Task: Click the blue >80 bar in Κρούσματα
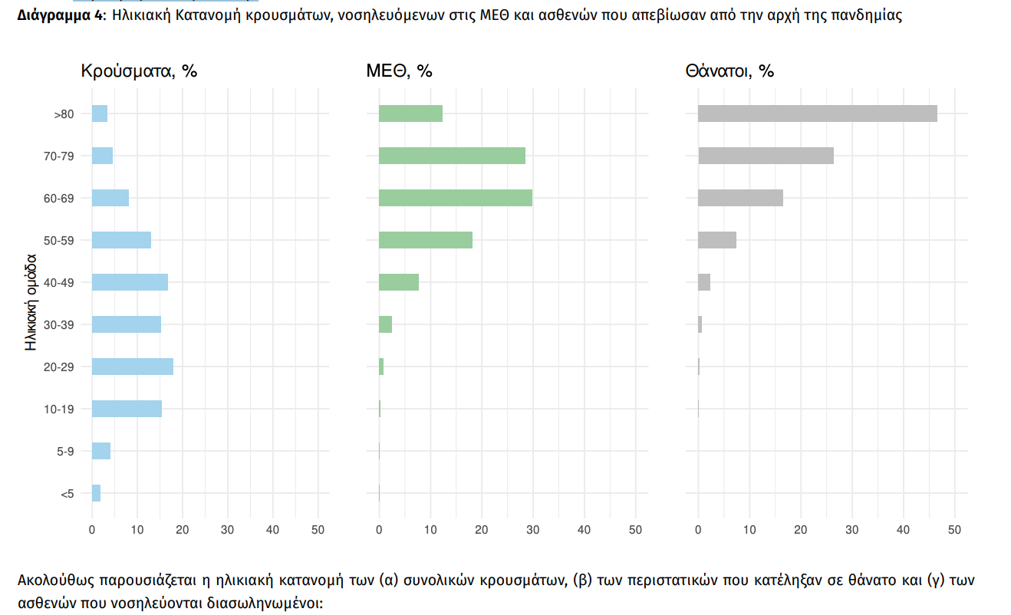(x=100, y=113)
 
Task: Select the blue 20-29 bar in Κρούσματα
(x=133, y=367)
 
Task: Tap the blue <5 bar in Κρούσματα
(x=96, y=493)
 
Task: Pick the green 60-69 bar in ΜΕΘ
(x=456, y=198)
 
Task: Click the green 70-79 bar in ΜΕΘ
(x=452, y=156)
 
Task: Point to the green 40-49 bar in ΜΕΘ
(x=399, y=282)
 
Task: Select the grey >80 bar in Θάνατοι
(x=818, y=113)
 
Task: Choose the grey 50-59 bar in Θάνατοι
(x=717, y=240)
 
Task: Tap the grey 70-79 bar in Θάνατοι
(x=766, y=156)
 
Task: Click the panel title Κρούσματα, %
(x=140, y=71)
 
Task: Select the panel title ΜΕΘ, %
(x=399, y=71)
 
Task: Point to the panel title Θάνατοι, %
(x=729, y=71)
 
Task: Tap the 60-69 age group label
(x=59, y=199)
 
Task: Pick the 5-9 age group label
(x=65, y=452)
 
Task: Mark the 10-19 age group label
(x=59, y=409)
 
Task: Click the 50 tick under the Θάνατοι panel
(x=954, y=530)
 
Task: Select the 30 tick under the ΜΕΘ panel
(x=532, y=530)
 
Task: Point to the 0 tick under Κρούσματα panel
(x=92, y=530)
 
